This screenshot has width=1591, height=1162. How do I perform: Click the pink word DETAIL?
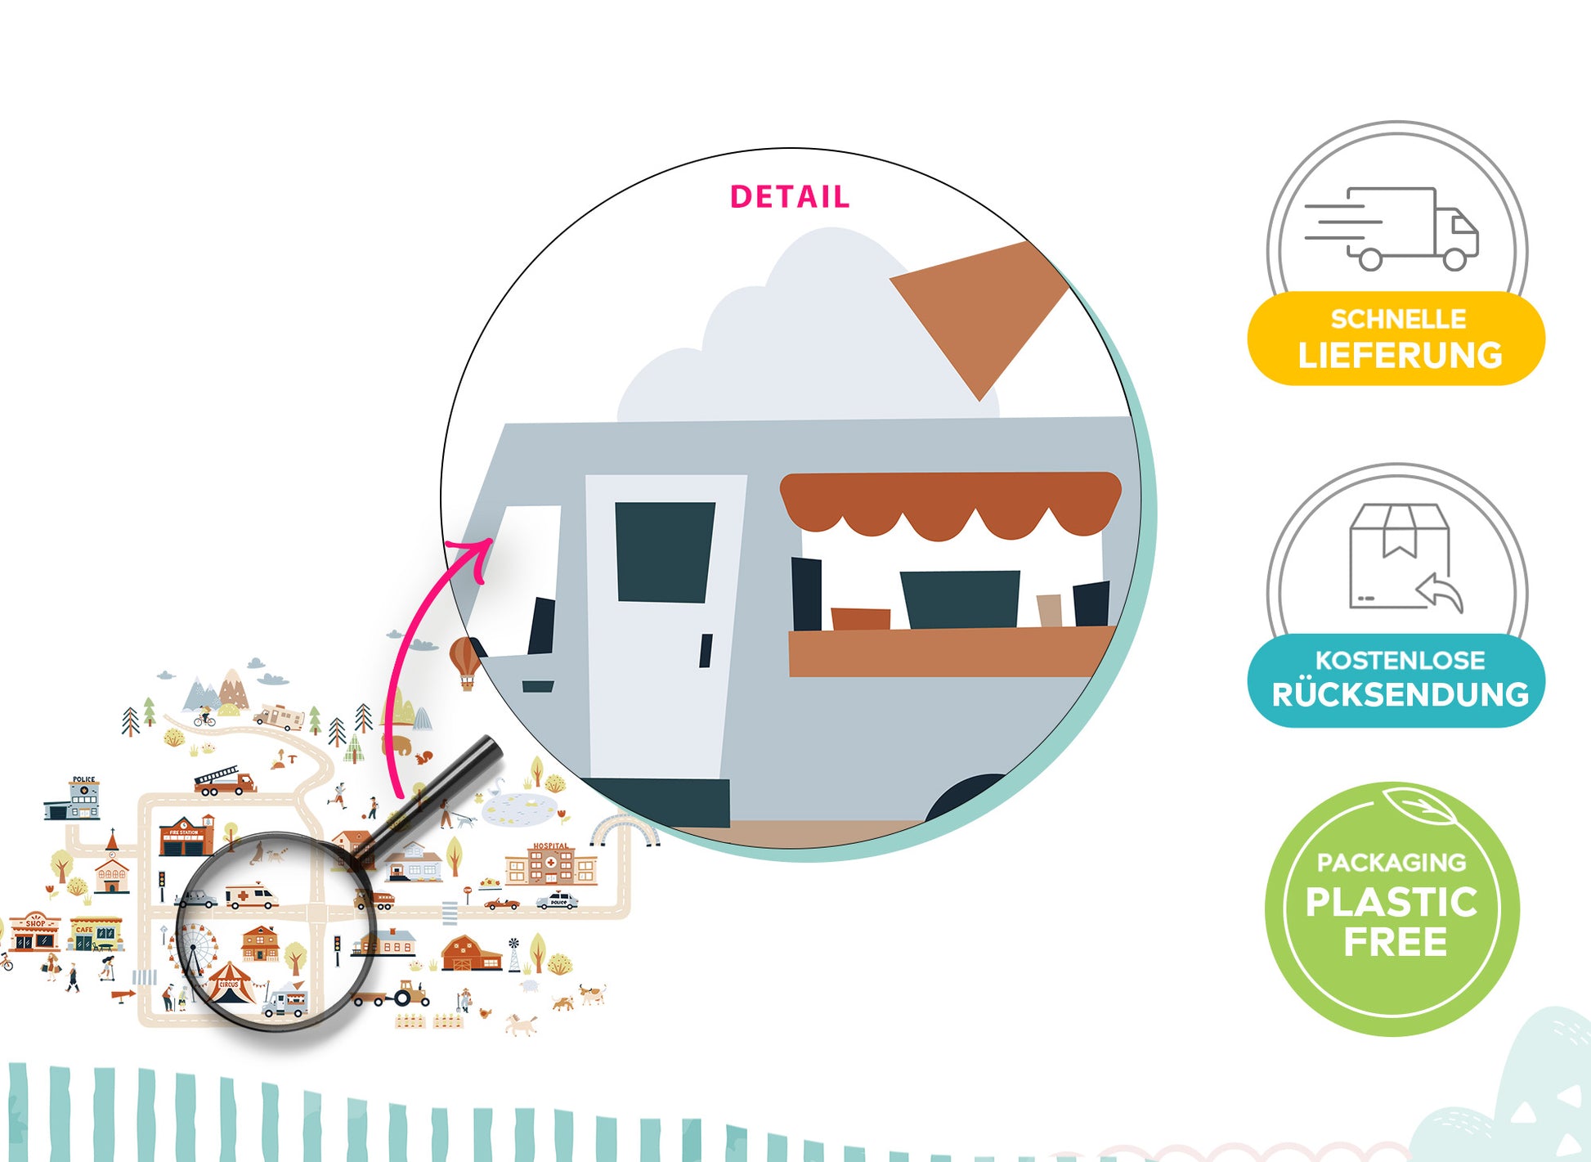click(789, 197)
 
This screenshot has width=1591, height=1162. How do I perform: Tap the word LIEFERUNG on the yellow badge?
click(1400, 355)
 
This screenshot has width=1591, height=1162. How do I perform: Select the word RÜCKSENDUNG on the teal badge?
click(1400, 694)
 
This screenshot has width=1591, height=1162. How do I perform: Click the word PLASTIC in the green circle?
click(1392, 902)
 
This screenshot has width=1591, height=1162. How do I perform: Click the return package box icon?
click(1400, 558)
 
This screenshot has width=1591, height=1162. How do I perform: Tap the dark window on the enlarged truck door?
click(664, 552)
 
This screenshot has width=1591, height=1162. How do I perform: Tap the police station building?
click(74, 798)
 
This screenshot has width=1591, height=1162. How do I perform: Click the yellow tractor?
click(411, 994)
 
